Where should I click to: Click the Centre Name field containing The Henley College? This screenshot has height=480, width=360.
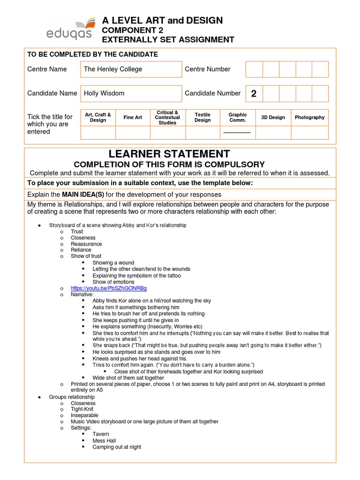click(x=131, y=69)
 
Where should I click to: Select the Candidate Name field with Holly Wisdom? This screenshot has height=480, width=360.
click(x=131, y=93)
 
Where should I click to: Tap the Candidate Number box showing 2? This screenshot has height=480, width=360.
click(x=254, y=94)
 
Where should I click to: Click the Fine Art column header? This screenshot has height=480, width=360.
click(x=133, y=118)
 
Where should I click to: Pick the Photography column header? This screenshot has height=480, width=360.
click(x=309, y=118)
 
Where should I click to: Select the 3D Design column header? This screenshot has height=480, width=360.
click(x=273, y=118)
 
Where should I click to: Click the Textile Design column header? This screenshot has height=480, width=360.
click(x=202, y=118)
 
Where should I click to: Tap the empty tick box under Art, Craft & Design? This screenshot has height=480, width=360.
click(x=98, y=133)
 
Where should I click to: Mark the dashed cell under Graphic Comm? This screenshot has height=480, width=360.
click(x=238, y=133)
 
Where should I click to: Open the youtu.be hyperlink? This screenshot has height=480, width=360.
click(x=109, y=288)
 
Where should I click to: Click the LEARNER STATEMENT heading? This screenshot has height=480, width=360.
click(x=169, y=154)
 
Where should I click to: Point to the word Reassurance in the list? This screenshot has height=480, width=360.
click(x=86, y=244)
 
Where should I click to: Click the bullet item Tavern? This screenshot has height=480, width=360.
click(x=101, y=434)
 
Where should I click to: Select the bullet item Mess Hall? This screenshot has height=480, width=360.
click(x=104, y=441)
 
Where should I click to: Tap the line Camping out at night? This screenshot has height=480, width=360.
click(x=117, y=447)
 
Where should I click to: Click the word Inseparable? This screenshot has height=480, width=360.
click(x=84, y=415)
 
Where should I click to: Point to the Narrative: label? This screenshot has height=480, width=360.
click(x=82, y=294)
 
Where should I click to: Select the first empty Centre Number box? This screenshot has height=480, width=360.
click(x=254, y=69)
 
